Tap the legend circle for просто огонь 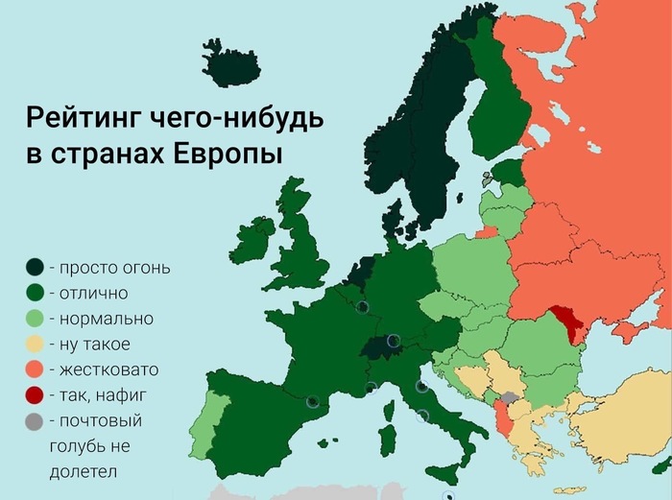point(35,267)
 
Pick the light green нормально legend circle point(35,318)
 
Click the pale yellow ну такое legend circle point(35,344)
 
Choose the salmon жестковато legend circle point(35,369)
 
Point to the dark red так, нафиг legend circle point(35,394)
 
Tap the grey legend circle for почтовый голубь point(35,420)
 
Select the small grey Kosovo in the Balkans point(510,396)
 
